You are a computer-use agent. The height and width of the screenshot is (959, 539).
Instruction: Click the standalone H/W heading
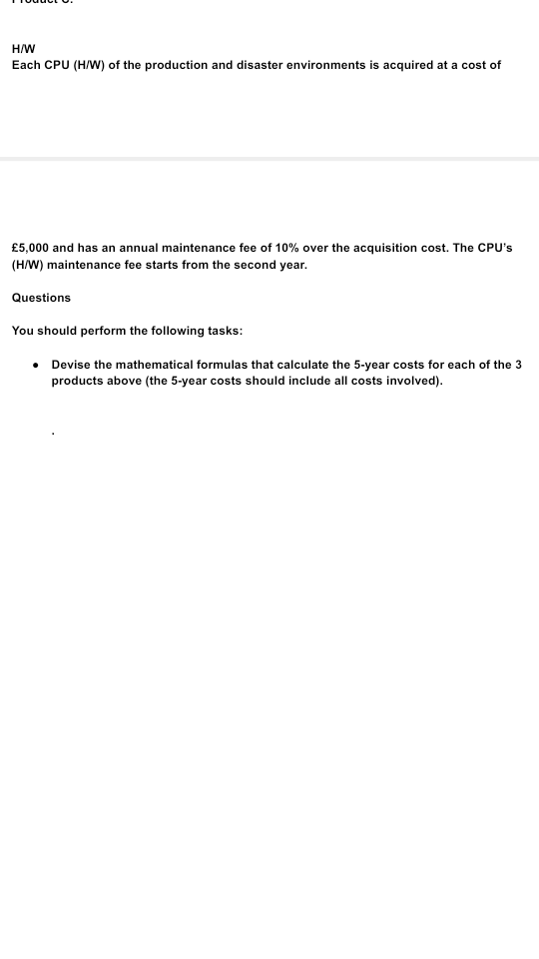tap(22, 47)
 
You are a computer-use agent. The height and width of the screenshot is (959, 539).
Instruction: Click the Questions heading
tap(41, 298)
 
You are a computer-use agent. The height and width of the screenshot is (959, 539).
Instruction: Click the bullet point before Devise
tap(36, 365)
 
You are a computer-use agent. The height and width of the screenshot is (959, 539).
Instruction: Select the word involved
tap(412, 383)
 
